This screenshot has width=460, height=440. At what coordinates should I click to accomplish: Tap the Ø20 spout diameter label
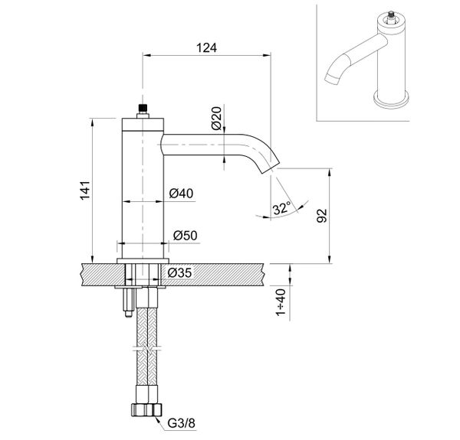[216, 118]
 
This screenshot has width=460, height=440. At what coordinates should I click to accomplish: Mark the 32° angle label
[281, 207]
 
